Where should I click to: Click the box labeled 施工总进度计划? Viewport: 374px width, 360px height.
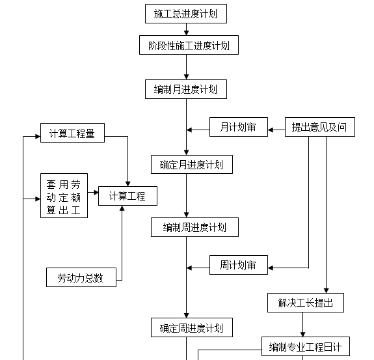coord(186,13)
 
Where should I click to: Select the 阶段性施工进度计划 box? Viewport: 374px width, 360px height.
coord(186,45)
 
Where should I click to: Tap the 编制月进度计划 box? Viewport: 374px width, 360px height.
coord(186,89)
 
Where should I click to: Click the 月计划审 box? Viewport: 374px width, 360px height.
coord(238,127)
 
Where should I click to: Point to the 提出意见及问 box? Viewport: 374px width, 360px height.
coord(319,127)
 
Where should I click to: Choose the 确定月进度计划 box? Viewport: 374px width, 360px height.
coord(191,165)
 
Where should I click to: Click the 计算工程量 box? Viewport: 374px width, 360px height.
coord(72,133)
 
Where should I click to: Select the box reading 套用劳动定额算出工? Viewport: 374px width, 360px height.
coord(64,195)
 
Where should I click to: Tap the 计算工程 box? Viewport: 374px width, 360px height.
coord(127,195)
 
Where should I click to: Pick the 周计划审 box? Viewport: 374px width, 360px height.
coord(238,265)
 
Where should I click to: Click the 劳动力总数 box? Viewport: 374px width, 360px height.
coord(81,277)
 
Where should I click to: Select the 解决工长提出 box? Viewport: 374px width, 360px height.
coord(306,303)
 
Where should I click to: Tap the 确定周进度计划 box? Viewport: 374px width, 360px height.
coord(191,328)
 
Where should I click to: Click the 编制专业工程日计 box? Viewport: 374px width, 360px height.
coord(305,346)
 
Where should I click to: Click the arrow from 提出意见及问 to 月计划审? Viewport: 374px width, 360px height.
coord(276,127)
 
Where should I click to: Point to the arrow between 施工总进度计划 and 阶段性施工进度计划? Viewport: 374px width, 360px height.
coord(186,29)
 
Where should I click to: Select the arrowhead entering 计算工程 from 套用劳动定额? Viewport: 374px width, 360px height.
coord(95,193)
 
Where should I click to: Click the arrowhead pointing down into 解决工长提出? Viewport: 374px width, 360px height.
coord(325,290)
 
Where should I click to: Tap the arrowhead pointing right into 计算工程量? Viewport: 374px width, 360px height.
coord(37,137)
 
